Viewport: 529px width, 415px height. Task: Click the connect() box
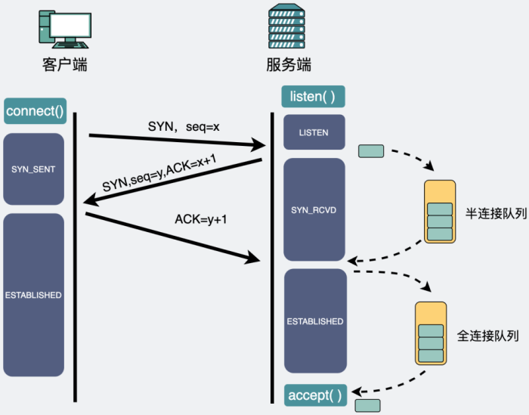click(35, 112)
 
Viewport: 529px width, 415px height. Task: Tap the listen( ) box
click(313, 97)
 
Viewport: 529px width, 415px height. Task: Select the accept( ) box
click(315, 395)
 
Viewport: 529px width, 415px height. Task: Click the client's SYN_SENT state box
click(33, 169)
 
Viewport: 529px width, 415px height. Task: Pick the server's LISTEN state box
click(314, 132)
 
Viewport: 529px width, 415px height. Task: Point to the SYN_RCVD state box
click(314, 209)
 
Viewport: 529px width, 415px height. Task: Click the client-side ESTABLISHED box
click(33, 294)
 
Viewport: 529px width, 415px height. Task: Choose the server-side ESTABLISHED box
click(314, 321)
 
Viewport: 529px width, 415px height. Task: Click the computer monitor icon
click(64, 28)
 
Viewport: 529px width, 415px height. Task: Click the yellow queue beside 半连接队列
click(440, 211)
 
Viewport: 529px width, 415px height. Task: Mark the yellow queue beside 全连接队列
click(431, 333)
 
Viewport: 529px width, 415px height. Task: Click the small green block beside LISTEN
click(370, 150)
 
